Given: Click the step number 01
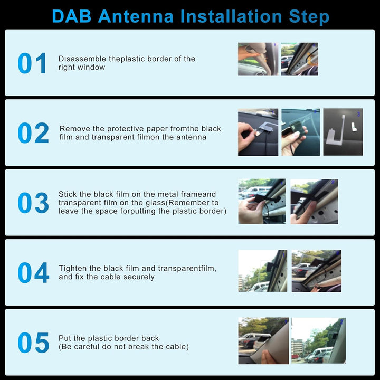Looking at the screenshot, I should (x=32, y=63).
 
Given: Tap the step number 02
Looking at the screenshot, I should (x=33, y=133).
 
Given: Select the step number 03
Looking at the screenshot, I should (x=33, y=203).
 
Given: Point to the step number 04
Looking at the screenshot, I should (x=33, y=273).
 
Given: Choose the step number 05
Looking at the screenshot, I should (x=33, y=343).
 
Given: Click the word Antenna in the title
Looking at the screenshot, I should (x=136, y=16).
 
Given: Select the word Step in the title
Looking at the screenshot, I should (x=309, y=16).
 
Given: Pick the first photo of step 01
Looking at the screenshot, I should (x=258, y=59).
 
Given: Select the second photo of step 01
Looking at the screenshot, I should (x=299, y=59).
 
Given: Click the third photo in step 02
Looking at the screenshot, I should (x=343, y=132).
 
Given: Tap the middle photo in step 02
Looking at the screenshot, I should (x=300, y=132).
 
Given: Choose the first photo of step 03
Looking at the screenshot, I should (x=262, y=201).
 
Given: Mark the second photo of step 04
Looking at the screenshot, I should (x=317, y=271).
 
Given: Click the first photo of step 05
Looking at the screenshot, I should (x=263, y=340).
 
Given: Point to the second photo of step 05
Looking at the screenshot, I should (x=318, y=340).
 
